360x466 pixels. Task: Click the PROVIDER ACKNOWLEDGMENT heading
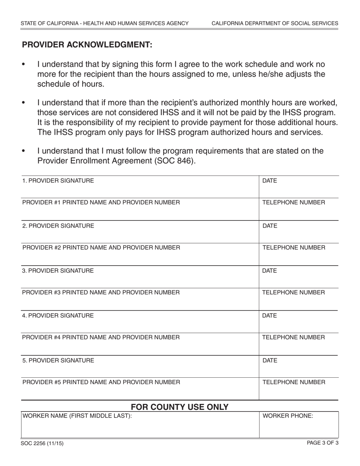tap(87, 45)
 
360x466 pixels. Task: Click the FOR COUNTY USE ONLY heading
tap(180, 407)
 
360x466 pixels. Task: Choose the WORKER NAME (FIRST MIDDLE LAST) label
tap(77, 416)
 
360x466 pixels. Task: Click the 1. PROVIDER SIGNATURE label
tap(58, 181)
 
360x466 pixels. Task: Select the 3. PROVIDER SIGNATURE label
tap(58, 271)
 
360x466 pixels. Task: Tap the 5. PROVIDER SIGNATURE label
tap(58, 360)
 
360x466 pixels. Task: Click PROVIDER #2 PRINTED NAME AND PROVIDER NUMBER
tap(101, 248)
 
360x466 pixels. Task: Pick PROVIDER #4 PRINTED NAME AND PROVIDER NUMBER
tap(101, 337)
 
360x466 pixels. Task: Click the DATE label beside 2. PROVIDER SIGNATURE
tap(270, 226)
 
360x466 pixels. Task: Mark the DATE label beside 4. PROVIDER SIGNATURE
tap(270, 316)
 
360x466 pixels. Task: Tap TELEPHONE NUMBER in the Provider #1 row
tap(294, 202)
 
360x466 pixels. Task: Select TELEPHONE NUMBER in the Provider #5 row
tap(294, 382)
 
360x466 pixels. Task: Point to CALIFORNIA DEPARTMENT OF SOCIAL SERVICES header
tap(275, 23)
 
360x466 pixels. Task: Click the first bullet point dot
tap(24, 65)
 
